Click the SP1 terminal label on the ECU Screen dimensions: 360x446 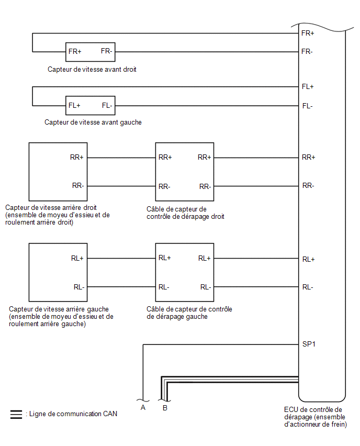click(309, 344)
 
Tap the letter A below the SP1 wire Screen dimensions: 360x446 click(143, 408)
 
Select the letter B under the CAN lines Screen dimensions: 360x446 click(165, 408)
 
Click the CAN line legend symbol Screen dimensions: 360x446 click(16, 415)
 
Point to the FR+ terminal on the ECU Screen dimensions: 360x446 click(308, 34)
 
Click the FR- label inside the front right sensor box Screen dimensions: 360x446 click(107, 51)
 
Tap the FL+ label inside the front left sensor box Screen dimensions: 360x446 click(74, 106)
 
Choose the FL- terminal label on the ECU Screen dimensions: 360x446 click(307, 106)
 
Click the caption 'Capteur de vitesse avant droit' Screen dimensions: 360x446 click(92, 70)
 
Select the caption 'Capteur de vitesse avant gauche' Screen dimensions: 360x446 click(93, 122)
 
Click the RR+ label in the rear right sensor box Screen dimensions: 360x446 click(77, 157)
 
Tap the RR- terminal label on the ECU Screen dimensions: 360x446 click(308, 186)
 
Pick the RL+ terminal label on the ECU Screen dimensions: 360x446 click(309, 260)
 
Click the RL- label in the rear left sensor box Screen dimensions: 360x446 click(79, 287)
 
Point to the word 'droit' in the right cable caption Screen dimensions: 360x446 click(218, 217)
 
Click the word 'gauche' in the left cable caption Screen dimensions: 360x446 click(197, 317)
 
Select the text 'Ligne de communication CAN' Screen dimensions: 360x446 click(73, 414)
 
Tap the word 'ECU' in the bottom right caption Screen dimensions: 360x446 click(290, 409)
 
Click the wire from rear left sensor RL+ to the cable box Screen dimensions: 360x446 click(121, 259)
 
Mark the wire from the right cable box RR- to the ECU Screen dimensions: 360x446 click(256, 186)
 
